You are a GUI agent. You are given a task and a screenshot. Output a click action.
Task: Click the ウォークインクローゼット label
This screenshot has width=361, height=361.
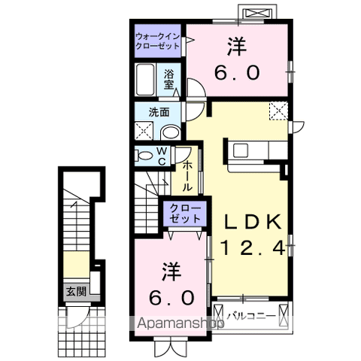158,41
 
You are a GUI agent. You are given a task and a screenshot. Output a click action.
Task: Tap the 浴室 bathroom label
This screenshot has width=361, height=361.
169,79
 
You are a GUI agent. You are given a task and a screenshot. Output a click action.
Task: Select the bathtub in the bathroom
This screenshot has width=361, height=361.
145,80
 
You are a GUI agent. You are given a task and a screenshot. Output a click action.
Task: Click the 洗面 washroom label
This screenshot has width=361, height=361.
159,112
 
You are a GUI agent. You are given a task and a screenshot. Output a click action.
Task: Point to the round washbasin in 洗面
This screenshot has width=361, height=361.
171,132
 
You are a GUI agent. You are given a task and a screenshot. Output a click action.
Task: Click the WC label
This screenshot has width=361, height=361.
162,156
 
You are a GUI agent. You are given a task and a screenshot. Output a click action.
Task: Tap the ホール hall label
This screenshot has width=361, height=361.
187,176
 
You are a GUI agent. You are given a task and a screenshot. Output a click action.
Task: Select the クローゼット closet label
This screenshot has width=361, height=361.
185,214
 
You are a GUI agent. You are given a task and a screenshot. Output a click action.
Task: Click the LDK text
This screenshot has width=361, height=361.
253,222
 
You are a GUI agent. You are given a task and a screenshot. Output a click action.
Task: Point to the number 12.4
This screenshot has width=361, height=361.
253,248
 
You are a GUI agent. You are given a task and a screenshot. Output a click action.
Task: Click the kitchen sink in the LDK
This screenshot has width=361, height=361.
241,150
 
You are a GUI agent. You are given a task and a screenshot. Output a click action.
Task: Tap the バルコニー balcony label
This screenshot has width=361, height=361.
251,316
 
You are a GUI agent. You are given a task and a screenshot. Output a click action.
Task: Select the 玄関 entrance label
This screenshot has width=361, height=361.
76,291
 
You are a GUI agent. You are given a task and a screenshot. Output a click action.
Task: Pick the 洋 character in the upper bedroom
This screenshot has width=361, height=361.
237,47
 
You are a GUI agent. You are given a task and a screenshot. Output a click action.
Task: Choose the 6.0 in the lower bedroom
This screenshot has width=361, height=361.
171,298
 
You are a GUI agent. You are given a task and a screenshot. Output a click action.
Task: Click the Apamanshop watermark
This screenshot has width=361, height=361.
180,323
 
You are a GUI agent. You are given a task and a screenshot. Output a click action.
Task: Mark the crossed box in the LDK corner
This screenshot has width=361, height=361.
278,111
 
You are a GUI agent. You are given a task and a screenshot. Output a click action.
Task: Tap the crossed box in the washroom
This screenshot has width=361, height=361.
144,131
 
